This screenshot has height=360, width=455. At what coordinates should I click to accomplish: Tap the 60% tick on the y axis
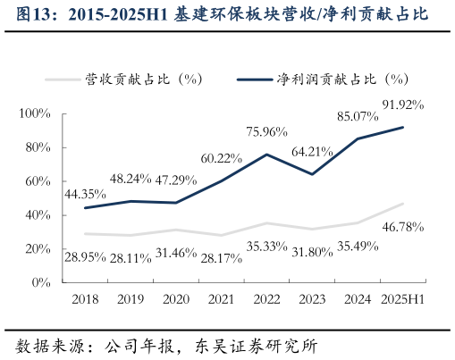coord(38,181)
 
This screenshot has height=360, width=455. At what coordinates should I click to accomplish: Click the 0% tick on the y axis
coord(42,282)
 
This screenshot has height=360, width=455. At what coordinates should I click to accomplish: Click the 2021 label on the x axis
coord(221,300)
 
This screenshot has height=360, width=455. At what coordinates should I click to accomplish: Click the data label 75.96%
coord(266,132)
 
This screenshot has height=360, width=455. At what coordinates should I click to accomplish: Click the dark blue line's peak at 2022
coord(266,155)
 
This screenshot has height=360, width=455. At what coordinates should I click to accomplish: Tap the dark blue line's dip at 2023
coord(312,174)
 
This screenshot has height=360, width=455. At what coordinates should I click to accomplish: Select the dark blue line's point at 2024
coord(358,138)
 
